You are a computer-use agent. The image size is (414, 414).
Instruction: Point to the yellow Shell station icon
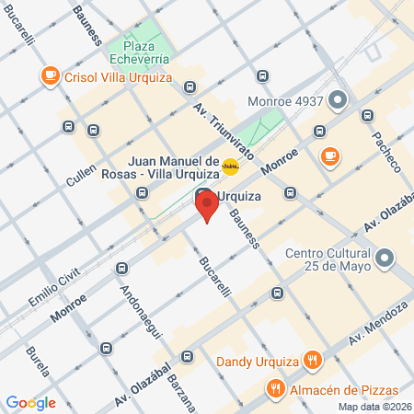[232, 167]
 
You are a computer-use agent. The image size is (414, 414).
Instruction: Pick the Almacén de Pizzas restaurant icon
[274, 389]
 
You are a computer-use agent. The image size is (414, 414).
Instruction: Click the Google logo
[30, 402]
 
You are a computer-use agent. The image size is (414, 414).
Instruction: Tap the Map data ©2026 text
[374, 407]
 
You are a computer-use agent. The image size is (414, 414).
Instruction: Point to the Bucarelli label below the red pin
[213, 272]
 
